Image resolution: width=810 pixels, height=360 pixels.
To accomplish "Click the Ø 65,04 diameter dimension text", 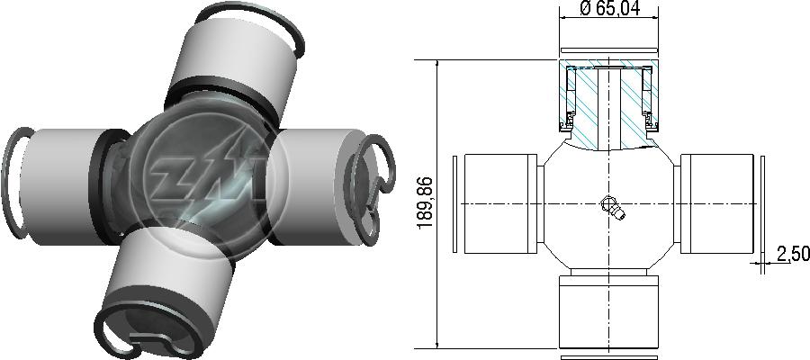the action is (x=609, y=8).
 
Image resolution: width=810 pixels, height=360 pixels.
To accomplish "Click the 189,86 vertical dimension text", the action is (x=425, y=203).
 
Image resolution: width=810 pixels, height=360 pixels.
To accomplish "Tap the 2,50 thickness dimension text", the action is (x=792, y=254).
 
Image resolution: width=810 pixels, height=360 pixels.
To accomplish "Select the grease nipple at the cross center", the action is (x=613, y=207).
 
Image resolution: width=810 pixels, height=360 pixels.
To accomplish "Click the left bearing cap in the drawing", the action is (x=500, y=203).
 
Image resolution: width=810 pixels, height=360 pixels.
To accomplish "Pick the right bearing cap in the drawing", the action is (x=717, y=203).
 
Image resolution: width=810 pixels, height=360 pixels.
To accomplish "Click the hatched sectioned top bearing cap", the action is (x=609, y=104).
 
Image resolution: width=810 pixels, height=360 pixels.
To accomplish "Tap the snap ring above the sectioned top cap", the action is (x=609, y=50).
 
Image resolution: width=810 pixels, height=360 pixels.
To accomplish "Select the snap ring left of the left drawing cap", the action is (x=454, y=204).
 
